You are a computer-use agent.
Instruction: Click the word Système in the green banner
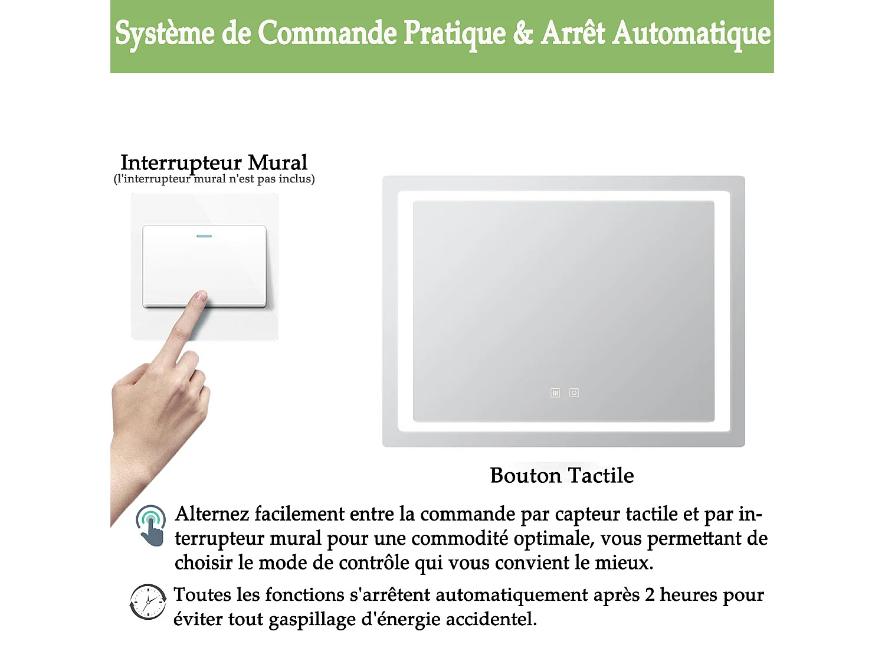165,34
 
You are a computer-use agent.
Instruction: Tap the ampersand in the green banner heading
523,32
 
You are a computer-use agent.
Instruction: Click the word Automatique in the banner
691,34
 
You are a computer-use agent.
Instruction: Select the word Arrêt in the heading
573,32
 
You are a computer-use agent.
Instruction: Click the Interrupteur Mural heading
214,163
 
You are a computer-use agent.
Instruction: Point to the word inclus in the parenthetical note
296,179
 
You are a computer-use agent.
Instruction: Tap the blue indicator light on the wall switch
204,236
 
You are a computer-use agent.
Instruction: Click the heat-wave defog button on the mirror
555,392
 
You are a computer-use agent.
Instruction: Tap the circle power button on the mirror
573,392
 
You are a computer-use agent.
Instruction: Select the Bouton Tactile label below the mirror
562,475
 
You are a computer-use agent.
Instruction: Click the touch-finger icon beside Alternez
151,525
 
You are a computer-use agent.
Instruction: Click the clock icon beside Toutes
148,601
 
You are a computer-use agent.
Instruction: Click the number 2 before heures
650,595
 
